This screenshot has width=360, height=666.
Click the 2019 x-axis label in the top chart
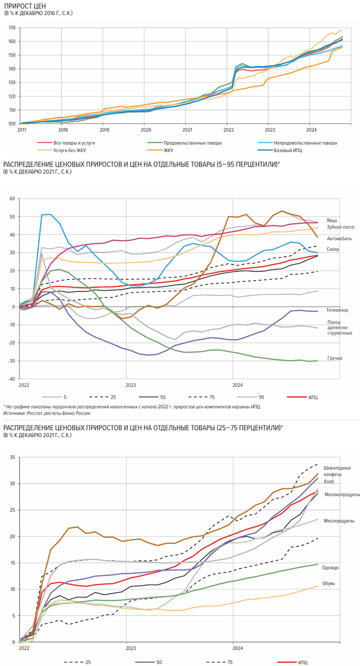tap(104, 129)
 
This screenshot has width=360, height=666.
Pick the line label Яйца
tap(332, 221)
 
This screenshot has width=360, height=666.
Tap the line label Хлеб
tap(330, 482)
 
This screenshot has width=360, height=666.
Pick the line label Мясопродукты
tap(340, 521)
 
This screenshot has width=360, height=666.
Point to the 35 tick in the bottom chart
tap(12, 457)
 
